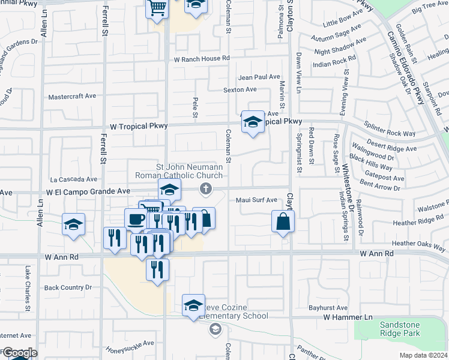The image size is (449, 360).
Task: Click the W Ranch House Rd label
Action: click(202, 59)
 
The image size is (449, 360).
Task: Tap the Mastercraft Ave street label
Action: click(73, 96)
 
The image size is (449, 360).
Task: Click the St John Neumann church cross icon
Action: click(205, 190)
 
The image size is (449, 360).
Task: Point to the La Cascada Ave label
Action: click(73, 179)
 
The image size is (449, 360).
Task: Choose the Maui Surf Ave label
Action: click(256, 200)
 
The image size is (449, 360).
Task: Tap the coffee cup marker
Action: click(136, 218)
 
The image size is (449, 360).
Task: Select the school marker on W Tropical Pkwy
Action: click(253, 123)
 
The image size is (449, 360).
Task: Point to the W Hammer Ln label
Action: click(348, 317)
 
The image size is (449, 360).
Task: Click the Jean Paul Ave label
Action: click(259, 77)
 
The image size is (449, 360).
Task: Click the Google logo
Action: click(19, 353)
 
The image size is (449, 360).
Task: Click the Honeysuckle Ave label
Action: click(130, 343)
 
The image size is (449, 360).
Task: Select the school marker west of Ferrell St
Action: click(73, 226)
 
